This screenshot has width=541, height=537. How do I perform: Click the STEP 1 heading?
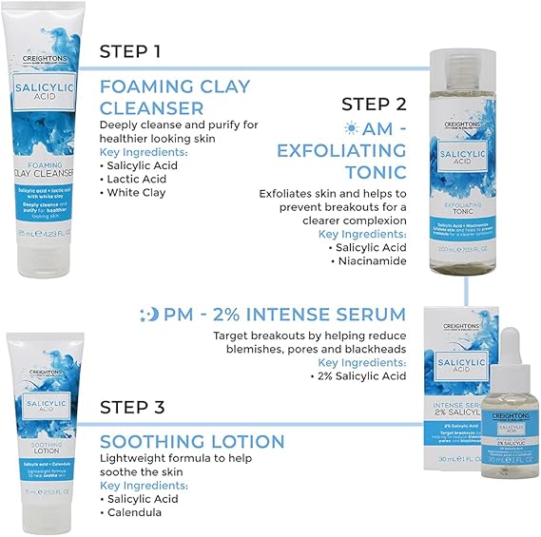(x=136, y=50)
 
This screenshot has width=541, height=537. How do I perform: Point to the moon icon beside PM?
(x=148, y=315)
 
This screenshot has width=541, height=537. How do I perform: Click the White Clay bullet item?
(x=137, y=192)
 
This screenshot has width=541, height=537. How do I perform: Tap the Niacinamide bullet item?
(x=372, y=260)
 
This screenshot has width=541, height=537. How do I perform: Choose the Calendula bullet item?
(x=138, y=512)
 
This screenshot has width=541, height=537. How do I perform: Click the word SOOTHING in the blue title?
(x=150, y=442)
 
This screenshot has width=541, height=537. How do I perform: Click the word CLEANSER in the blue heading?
(x=152, y=108)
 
